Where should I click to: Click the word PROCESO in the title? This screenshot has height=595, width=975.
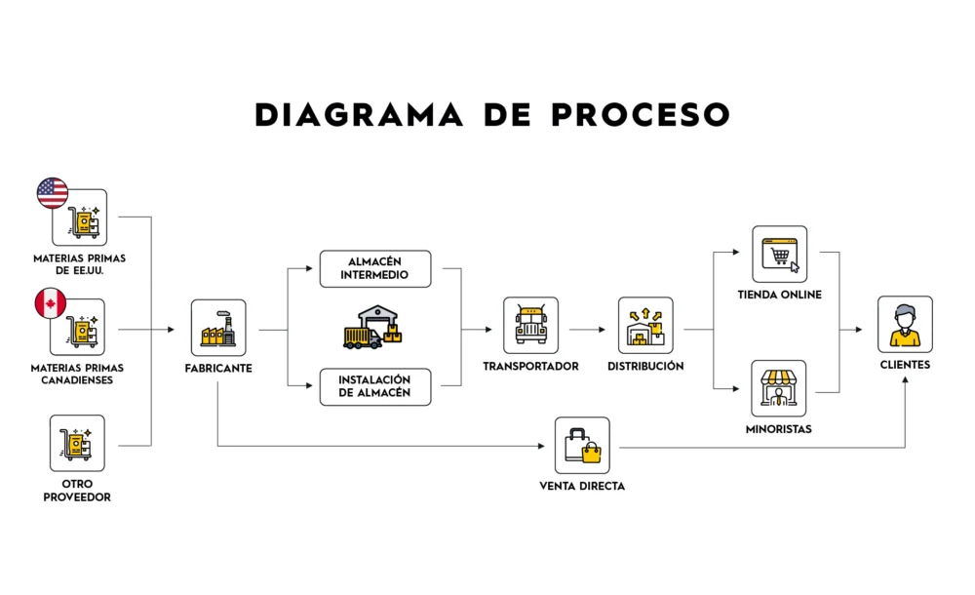tap(641, 115)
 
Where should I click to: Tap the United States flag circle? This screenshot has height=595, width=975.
tap(53, 193)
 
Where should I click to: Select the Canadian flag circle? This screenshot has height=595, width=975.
tap(51, 303)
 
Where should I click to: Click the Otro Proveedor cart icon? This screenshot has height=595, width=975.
tap(77, 444)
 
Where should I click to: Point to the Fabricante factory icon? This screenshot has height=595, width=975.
tap(217, 328)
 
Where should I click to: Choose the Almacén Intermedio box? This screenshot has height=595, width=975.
tap(375, 269)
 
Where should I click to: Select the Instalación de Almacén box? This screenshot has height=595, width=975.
tap(375, 386)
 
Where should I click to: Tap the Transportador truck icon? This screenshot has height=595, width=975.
tap(530, 326)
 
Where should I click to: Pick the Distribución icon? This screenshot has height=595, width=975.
tap(645, 326)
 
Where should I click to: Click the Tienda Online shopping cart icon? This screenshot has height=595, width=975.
tap(779, 255)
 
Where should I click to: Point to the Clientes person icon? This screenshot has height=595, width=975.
tap(905, 325)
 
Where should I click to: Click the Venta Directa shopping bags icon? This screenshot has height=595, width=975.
tap(582, 446)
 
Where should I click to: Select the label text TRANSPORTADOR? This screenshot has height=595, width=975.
tap(530, 367)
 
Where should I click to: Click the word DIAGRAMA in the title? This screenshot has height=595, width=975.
tap(360, 115)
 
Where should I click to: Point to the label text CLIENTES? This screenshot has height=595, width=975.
tap(905, 366)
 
